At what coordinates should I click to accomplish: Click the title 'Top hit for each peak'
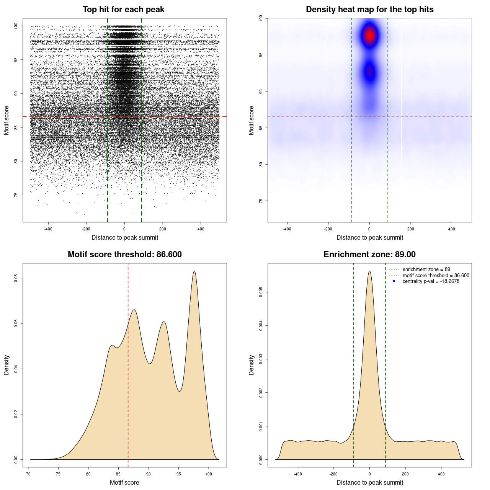123,10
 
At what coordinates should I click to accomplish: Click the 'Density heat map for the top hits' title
369,10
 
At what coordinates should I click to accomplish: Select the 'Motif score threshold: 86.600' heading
124,255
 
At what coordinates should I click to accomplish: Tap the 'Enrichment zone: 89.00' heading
369,255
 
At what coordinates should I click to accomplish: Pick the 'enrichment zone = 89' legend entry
426,269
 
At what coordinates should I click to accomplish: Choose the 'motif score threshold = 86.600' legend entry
436,276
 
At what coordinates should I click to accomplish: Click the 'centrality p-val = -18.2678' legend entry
431,281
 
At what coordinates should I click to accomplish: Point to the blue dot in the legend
394,281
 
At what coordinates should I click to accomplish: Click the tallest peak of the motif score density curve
194,271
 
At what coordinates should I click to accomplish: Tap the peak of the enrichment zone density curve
369,271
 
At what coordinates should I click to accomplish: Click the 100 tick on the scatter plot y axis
16,26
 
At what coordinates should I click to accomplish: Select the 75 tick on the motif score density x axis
58,474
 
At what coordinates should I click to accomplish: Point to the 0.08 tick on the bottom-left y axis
16,278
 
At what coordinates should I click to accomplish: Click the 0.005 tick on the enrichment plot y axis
261,292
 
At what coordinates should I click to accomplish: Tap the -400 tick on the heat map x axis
287,229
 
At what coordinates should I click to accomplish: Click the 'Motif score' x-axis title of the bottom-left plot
124,482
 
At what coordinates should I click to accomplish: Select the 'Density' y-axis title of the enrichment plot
252,365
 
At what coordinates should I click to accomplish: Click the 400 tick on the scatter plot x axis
201,229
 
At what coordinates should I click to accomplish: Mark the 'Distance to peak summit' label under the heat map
369,237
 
